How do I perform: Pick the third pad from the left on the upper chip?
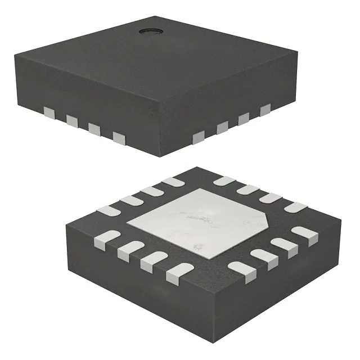click(x=94, y=128)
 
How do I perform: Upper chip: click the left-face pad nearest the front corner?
click(x=119, y=137)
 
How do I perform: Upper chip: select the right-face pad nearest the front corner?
click(x=199, y=138)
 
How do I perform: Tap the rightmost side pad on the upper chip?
click(x=265, y=109)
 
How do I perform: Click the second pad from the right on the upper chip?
click(x=244, y=119)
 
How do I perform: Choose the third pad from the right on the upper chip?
click(x=222, y=128)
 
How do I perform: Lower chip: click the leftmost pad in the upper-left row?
click(x=109, y=211)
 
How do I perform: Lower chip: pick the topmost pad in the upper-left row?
click(x=173, y=182)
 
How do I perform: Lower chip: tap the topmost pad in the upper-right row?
click(x=224, y=181)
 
